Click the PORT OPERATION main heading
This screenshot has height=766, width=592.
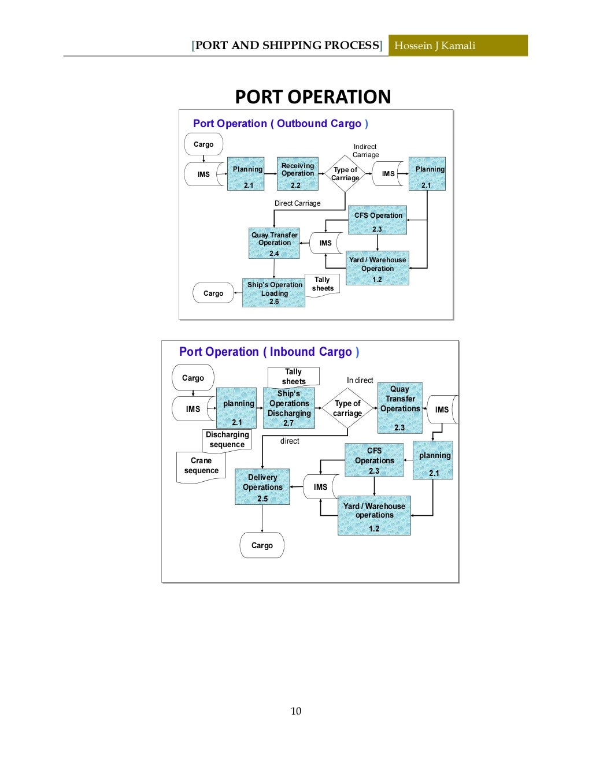(313, 96)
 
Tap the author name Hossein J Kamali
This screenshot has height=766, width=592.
(435, 46)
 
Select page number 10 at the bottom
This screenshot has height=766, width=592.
(296, 711)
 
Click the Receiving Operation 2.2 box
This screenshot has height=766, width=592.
(297, 174)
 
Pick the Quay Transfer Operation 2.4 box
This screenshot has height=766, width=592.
(274, 243)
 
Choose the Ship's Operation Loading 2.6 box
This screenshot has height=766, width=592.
(273, 293)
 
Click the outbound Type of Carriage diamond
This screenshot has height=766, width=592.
(345, 174)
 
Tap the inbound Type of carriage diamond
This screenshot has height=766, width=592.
(347, 408)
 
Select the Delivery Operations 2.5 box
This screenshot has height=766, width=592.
(262, 487)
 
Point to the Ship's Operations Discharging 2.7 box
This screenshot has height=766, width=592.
(289, 408)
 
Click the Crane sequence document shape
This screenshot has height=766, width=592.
(201, 466)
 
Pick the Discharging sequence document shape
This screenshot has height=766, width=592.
(227, 440)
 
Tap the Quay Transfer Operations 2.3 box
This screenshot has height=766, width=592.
(400, 408)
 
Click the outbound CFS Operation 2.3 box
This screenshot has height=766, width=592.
(378, 221)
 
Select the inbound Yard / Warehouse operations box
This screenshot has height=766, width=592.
(374, 515)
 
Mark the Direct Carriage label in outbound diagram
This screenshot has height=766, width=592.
(297, 203)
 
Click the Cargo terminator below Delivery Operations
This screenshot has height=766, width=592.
(262, 545)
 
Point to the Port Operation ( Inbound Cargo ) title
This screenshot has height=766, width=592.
(269, 352)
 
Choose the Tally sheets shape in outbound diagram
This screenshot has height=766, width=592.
(323, 285)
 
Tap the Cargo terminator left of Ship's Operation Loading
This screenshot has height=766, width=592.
(213, 293)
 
